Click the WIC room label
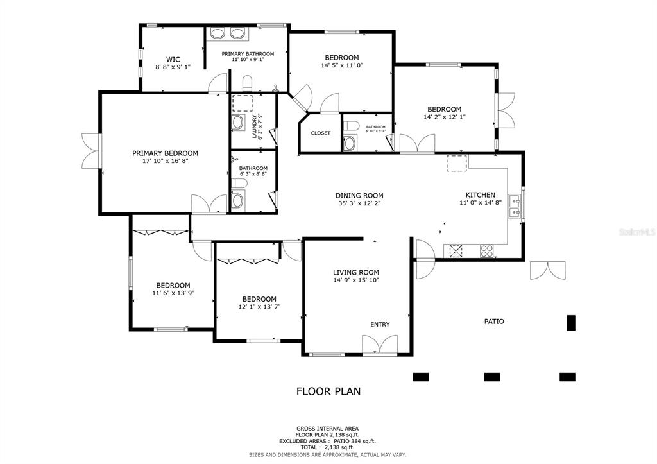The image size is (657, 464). click(173, 59)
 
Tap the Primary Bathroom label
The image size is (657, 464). click(248, 54)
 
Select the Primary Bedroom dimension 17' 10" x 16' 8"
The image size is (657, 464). click(165, 162)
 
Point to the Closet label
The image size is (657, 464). click(320, 133)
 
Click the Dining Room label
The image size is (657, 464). click(359, 196)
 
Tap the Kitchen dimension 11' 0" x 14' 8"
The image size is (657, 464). click(480, 203)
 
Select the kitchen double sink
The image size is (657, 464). click(514, 205)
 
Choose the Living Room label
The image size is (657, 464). click(355, 272)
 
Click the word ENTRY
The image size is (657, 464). click(380, 325)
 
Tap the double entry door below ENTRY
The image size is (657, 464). click(380, 345)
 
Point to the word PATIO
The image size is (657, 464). click(493, 322)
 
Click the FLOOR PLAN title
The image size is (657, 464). click(328, 391)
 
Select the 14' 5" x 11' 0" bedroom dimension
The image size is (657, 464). click(341, 65)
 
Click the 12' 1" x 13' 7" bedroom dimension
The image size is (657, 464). click(259, 307)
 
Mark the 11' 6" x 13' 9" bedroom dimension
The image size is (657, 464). click(173, 293)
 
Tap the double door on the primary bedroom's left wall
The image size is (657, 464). click(91, 151)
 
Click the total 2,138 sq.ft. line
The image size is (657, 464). click(328, 447)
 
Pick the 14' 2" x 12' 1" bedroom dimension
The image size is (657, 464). click(444, 117)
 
